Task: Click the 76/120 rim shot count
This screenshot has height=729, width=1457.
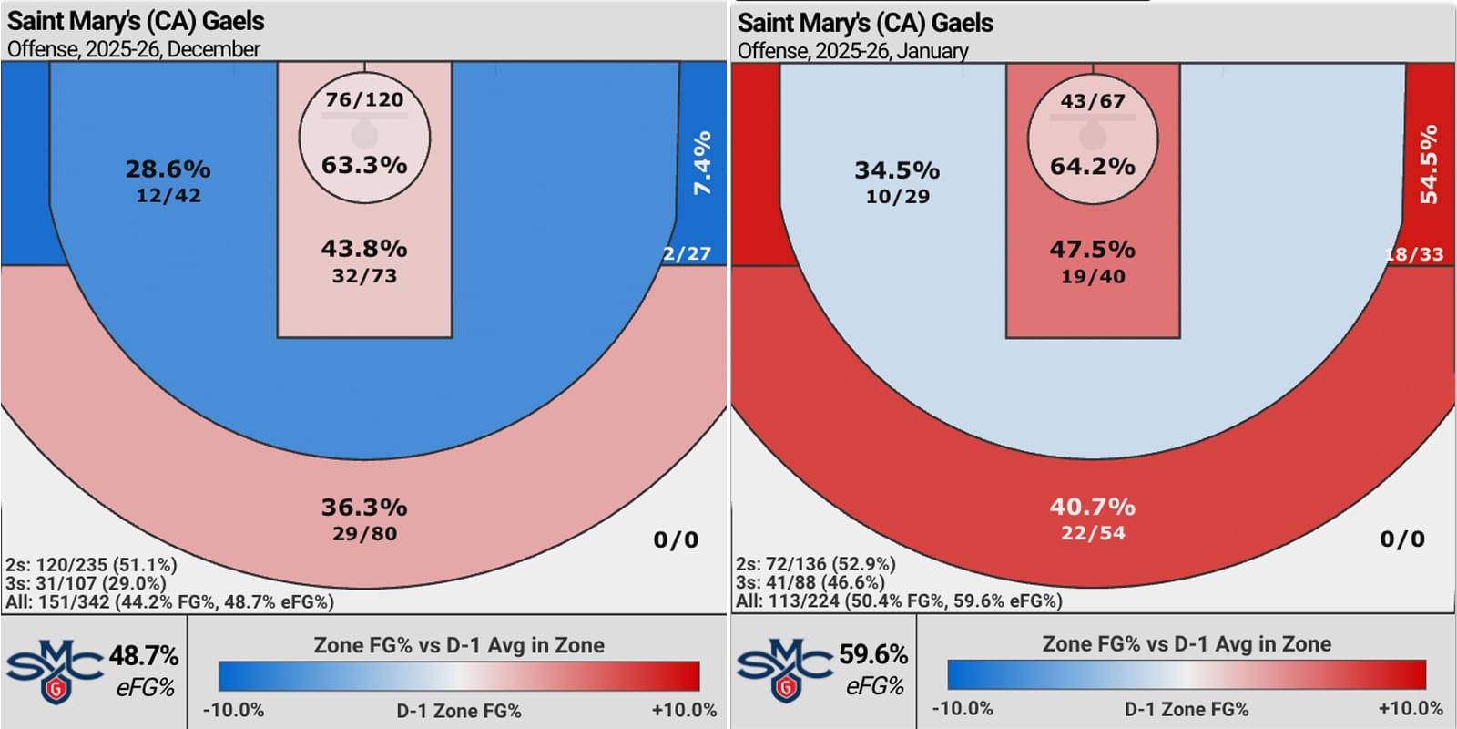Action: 364,99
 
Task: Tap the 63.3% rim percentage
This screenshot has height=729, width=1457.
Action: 364,165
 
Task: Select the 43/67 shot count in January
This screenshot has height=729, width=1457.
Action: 1093,101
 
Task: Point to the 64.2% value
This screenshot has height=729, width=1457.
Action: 1093,166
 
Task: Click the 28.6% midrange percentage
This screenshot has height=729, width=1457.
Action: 168,169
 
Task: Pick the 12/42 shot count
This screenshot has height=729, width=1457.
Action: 168,195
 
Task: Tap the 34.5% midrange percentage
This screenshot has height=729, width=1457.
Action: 897,170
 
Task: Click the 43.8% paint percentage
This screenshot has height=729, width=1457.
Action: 364,248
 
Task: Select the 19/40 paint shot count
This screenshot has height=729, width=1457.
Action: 1093,276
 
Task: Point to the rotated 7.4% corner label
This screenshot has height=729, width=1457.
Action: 702,163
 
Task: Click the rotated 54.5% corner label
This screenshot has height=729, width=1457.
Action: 1429,164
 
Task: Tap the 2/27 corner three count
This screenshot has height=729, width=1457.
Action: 687,253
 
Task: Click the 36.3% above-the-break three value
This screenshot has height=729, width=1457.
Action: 364,507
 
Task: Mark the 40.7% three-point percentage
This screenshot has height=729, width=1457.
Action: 1093,506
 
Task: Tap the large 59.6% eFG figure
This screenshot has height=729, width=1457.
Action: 873,654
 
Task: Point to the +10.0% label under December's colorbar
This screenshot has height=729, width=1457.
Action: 684,710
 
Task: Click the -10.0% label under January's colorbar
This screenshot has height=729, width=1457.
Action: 963,708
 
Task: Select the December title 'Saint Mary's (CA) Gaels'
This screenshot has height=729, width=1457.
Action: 136,21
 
